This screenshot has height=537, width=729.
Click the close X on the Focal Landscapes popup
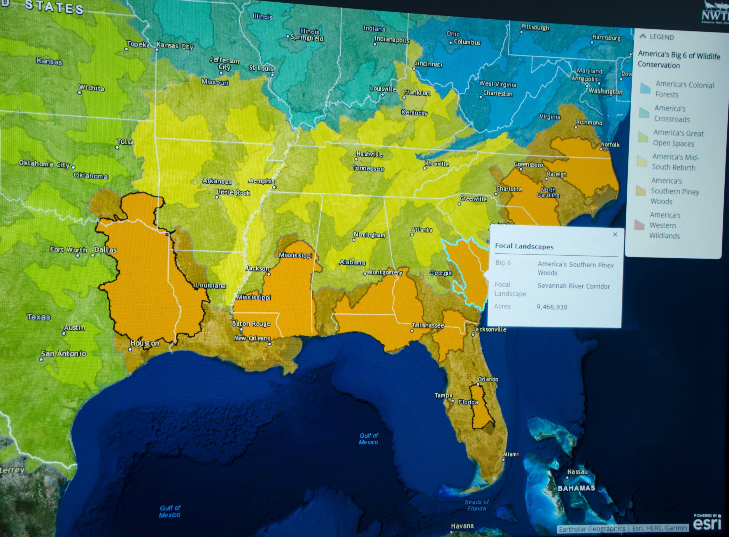[x=615, y=234]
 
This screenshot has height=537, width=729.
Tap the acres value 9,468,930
[x=552, y=307]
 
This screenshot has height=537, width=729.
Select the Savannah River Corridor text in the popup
[x=574, y=286]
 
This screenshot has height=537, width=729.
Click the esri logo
[x=707, y=524]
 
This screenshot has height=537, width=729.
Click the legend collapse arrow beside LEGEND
[x=642, y=36]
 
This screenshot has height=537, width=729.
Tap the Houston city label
[x=144, y=343]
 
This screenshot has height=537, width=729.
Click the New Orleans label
[x=252, y=338]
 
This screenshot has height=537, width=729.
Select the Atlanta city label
[x=422, y=230]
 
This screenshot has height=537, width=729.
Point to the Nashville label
[x=369, y=154]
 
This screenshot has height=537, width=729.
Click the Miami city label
[x=511, y=454]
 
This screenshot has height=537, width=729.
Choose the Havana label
[x=462, y=526]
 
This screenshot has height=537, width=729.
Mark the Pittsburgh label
[x=535, y=27]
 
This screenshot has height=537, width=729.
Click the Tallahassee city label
[x=427, y=325]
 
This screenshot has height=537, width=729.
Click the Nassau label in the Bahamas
[x=577, y=472]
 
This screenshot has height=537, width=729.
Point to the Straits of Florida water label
[x=476, y=505]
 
